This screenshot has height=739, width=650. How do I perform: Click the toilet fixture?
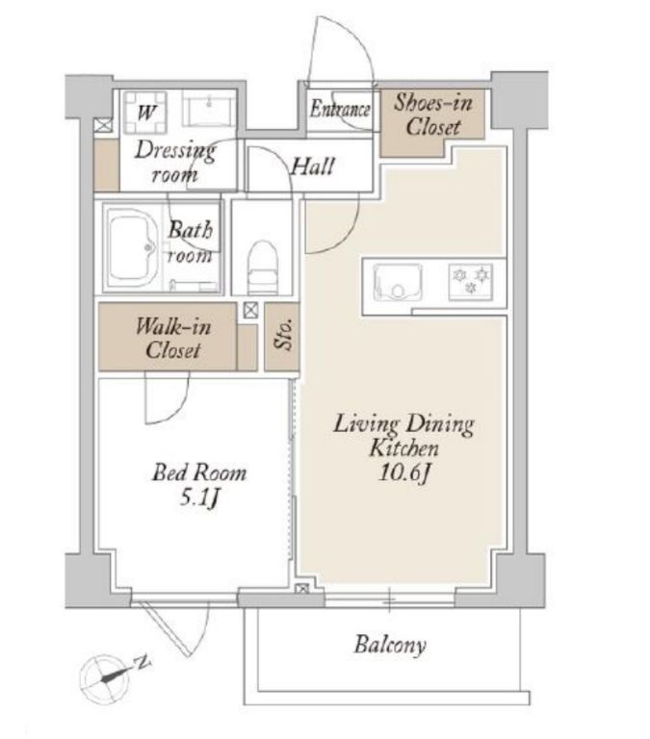[261, 268]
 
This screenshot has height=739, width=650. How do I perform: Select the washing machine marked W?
[145, 114]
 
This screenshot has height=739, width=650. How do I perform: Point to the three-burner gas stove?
[470, 281]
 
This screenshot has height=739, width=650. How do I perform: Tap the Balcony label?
[390, 645]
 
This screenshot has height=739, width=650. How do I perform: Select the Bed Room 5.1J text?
[199, 485]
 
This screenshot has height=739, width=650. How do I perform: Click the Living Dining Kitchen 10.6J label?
[403, 447]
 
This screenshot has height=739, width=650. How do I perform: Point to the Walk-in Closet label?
[173, 339]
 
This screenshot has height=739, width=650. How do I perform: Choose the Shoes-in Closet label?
[433, 115]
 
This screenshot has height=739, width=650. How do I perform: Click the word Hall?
[313, 166]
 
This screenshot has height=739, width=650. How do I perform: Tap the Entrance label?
[340, 110]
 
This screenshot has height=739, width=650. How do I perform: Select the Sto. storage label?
[283, 335]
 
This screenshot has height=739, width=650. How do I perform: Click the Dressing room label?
[175, 162]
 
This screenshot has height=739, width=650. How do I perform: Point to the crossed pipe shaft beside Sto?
[251, 310]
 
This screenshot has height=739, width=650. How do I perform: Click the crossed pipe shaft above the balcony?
[301, 589]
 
